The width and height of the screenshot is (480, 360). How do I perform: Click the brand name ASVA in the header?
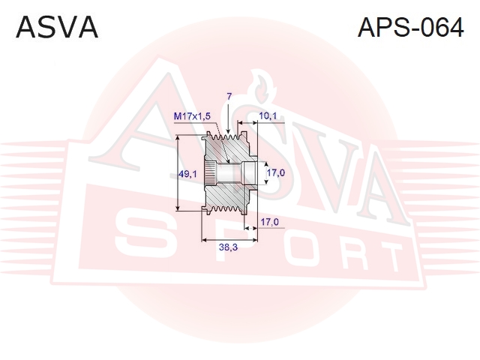pyautogui.click(x=57, y=27)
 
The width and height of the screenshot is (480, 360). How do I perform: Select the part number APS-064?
pyautogui.click(x=410, y=27)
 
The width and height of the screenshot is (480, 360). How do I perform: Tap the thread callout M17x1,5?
pyautogui.click(x=192, y=116)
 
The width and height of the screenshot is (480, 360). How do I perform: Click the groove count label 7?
pyautogui.click(x=229, y=97)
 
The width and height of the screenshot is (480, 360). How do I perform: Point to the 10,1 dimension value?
pyautogui.click(x=268, y=115)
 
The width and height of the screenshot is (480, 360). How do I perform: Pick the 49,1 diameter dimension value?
pyautogui.click(x=187, y=174)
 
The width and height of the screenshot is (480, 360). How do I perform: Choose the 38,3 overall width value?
pyautogui.click(x=228, y=247)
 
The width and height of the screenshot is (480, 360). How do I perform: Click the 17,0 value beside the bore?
pyautogui.click(x=276, y=173)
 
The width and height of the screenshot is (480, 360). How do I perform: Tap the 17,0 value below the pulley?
pyautogui.click(x=269, y=222)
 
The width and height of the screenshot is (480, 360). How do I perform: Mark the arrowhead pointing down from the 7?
pyautogui.click(x=228, y=130)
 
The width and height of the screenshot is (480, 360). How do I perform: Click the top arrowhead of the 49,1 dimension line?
pyautogui.click(x=178, y=138)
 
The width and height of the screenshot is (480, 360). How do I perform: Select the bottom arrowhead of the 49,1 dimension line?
pyautogui.click(x=178, y=207)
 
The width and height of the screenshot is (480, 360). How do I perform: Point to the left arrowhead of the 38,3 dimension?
pyautogui.click(x=205, y=240)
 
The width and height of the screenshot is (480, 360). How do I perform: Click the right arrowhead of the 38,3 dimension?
pyautogui.click(x=253, y=240)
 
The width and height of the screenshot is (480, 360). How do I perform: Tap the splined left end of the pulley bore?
pyautogui.click(x=210, y=173)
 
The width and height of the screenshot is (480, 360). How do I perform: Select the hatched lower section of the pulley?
pyautogui.click(x=228, y=198)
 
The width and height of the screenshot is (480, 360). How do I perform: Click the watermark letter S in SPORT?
pyautogui.click(x=142, y=236)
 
